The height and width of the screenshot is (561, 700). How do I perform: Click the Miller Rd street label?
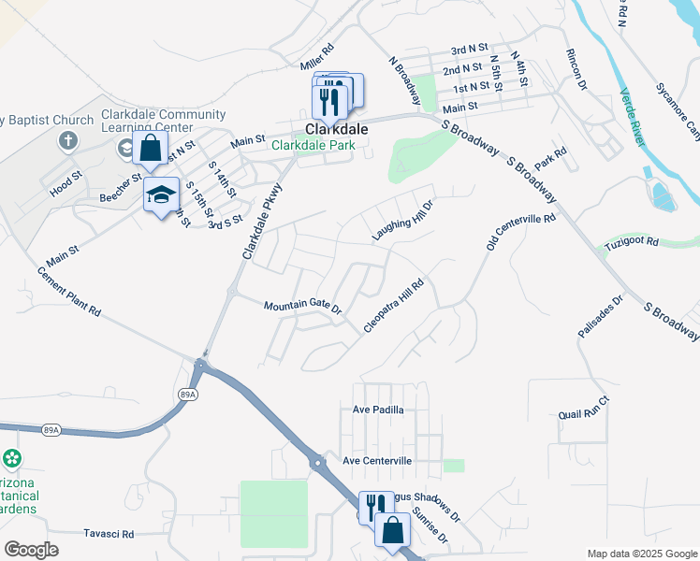[316, 57]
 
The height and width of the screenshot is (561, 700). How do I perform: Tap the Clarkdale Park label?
[312, 145]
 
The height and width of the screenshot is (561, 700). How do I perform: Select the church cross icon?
[68, 140]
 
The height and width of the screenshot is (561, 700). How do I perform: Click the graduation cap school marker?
[161, 194]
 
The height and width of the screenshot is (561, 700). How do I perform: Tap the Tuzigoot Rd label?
[634, 241]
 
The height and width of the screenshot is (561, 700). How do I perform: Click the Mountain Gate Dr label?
[302, 306]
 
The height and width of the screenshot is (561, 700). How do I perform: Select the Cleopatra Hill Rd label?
[394, 305]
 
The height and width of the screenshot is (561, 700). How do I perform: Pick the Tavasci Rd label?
[109, 534]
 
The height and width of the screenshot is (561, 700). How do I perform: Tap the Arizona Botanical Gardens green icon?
[11, 458]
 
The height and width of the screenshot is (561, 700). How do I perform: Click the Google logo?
[31, 549]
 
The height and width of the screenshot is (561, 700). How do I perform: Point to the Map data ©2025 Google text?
[641, 554]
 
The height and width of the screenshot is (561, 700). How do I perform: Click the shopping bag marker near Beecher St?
[150, 148]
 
